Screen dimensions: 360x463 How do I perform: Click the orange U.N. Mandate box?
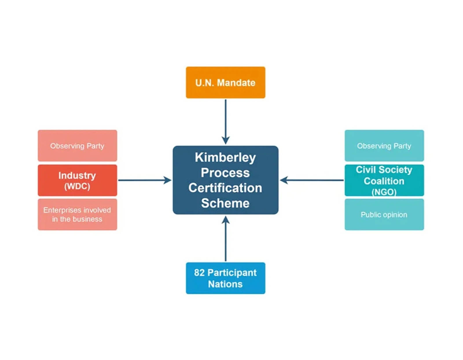(225, 82)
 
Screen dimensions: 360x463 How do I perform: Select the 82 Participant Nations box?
(225, 278)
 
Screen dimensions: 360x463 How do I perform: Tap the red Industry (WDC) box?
(77, 180)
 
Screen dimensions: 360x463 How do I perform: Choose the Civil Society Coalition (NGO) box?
(384, 180)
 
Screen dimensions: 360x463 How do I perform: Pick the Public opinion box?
(384, 214)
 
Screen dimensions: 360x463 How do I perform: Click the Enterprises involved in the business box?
(77, 214)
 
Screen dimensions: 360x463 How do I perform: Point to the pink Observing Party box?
(77, 146)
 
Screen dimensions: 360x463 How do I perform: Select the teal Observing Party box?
(384, 146)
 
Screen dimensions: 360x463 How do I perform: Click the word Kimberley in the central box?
(225, 157)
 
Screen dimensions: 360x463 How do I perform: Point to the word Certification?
(225, 188)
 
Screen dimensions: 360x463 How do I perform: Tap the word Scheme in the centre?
(225, 203)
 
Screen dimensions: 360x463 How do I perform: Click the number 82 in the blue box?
(199, 273)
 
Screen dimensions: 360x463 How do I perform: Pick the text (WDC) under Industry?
(77, 186)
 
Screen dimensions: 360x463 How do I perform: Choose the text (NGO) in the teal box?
(384, 192)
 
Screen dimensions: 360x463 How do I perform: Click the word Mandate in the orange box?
(236, 83)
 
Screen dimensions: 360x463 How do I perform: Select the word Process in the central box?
(225, 173)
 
